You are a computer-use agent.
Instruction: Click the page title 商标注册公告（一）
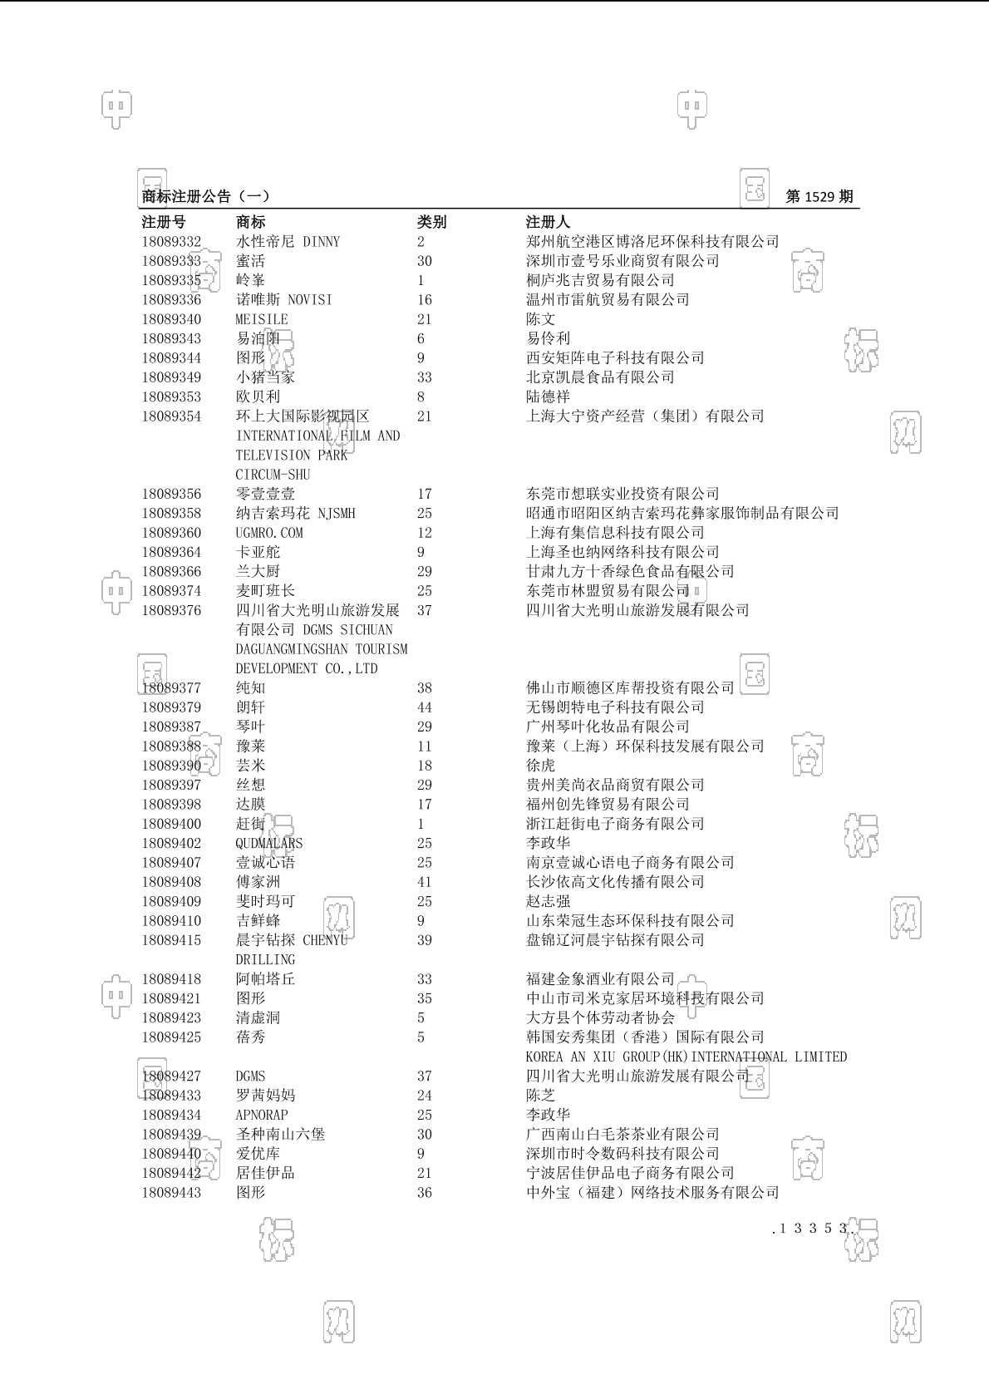pyautogui.click(x=205, y=197)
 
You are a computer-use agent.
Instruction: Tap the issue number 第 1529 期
pyautogui.click(x=819, y=197)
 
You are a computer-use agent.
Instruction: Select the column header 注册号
pyautogui.click(x=164, y=222)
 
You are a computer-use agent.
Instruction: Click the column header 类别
pyautogui.click(x=431, y=222)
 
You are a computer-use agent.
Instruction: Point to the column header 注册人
pyautogui.click(x=548, y=222)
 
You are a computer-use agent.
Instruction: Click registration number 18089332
pyautogui.click(x=171, y=242)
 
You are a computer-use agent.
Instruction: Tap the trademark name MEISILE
pyautogui.click(x=262, y=319)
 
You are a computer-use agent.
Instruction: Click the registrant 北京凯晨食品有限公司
pyautogui.click(x=600, y=377)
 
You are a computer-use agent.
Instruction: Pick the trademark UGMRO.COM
pyautogui.click(x=269, y=533)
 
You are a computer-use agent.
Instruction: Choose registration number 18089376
pyautogui.click(x=171, y=610)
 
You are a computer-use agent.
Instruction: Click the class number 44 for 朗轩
pyautogui.click(x=425, y=707)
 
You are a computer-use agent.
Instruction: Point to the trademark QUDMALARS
pyautogui.click(x=269, y=843)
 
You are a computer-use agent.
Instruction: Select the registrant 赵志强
pyautogui.click(x=548, y=901)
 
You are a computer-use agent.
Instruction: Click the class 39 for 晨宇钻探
pyautogui.click(x=425, y=940)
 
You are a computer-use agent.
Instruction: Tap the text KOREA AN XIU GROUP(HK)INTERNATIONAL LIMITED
pyautogui.click(x=686, y=1057)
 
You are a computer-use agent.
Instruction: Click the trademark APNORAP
pyautogui.click(x=262, y=1115)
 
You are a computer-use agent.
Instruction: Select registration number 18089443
pyautogui.click(x=171, y=1192)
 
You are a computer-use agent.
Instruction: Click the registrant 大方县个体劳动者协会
pyautogui.click(x=600, y=1017)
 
